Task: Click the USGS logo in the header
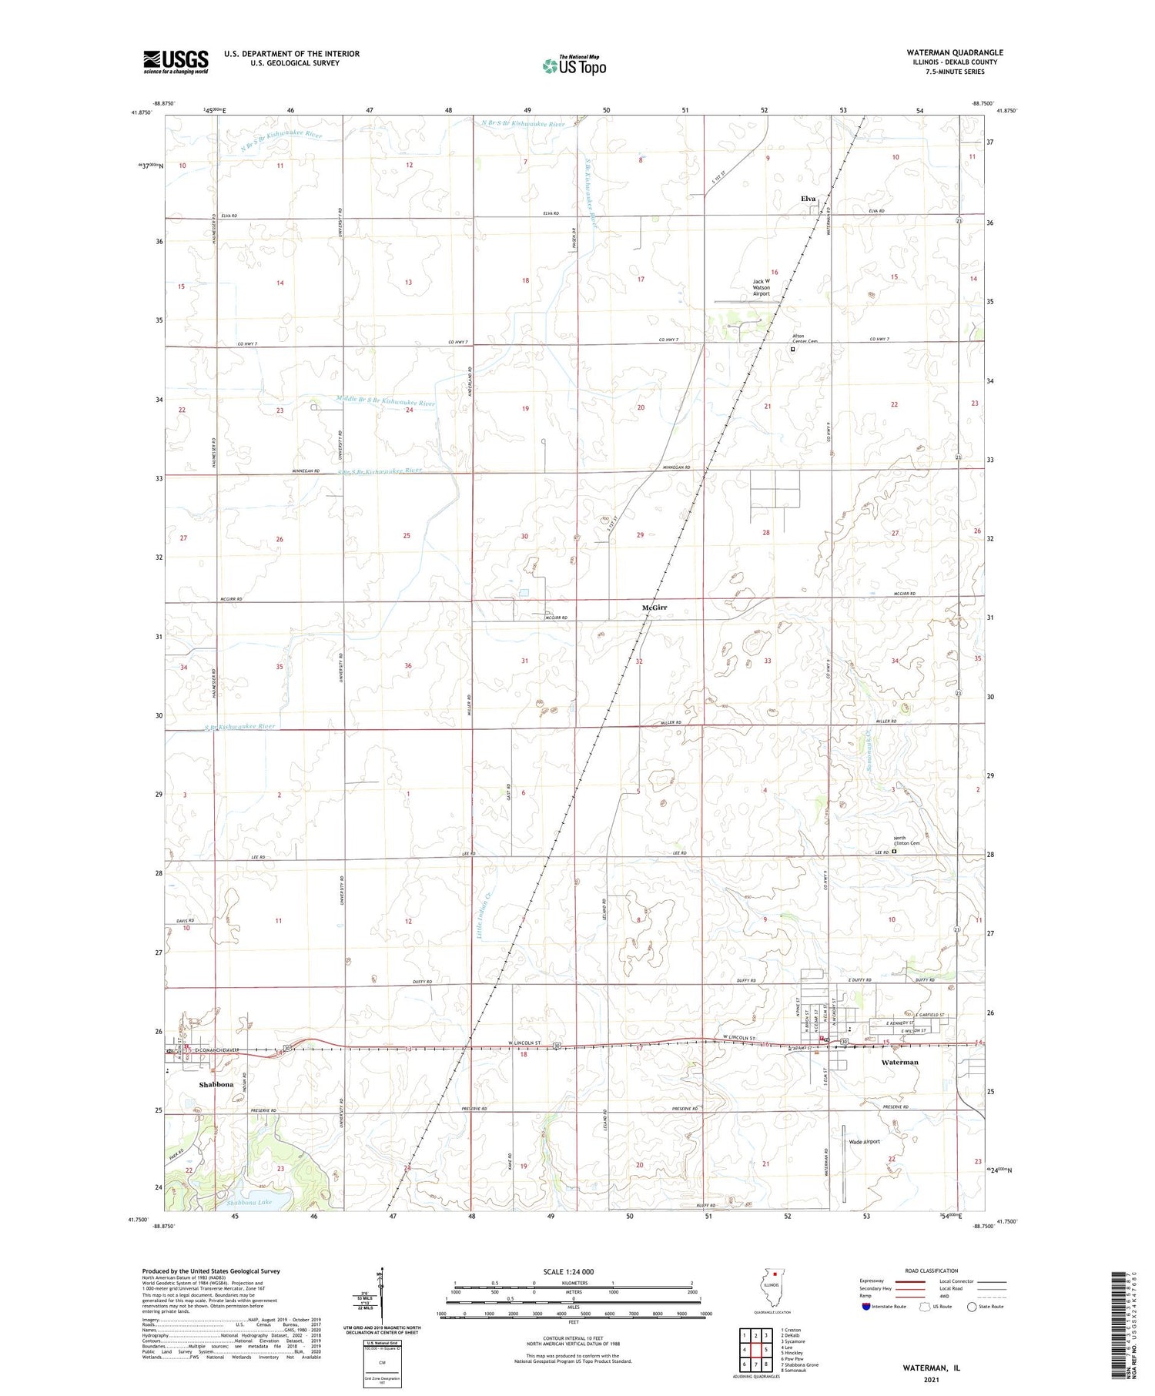(x=176, y=62)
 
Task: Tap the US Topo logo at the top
(x=574, y=66)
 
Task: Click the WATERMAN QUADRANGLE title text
(x=954, y=52)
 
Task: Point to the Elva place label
(x=808, y=199)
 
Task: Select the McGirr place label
(x=654, y=608)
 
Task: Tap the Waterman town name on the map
(x=899, y=1062)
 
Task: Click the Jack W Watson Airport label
(x=761, y=287)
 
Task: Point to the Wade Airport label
(x=864, y=1142)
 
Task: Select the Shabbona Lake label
(x=249, y=1202)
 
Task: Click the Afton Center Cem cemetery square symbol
(x=792, y=349)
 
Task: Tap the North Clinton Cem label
(x=906, y=841)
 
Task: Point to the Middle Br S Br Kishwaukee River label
(x=386, y=401)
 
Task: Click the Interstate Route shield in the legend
(x=866, y=1307)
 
